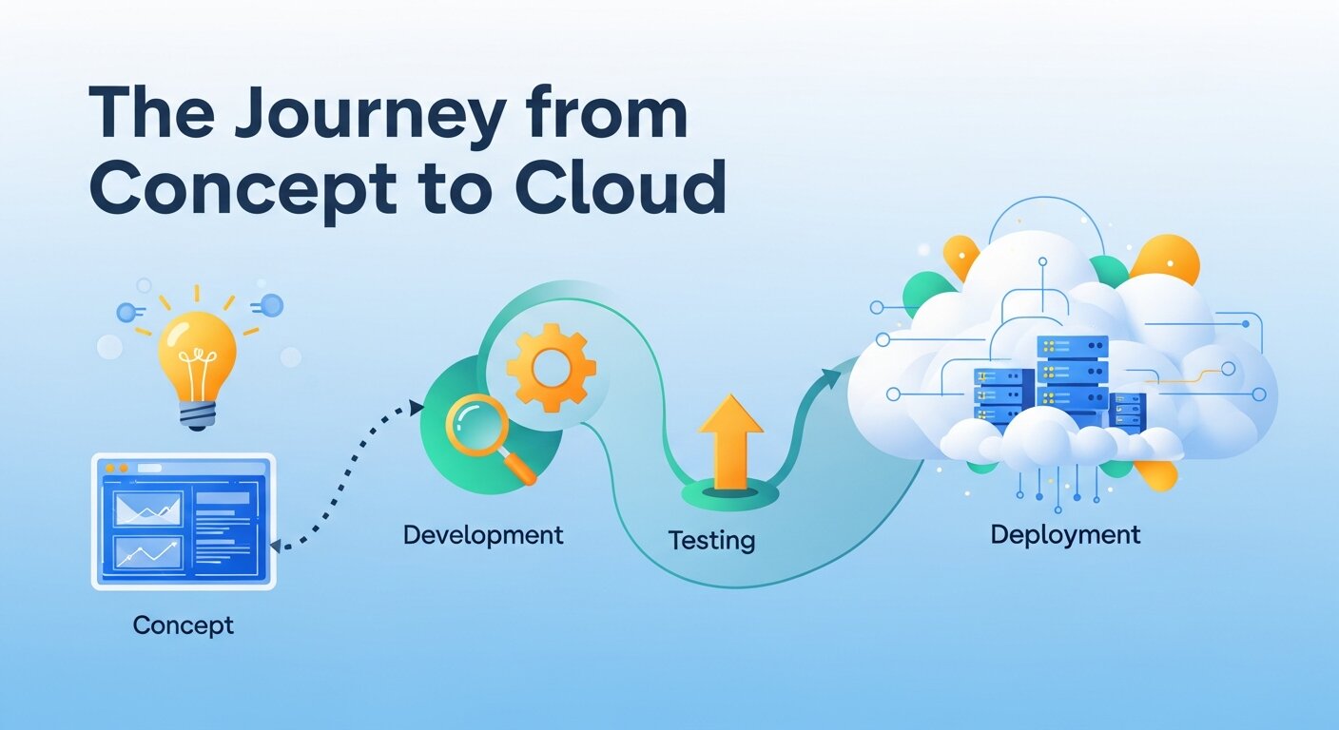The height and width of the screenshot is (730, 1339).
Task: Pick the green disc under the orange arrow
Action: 730,494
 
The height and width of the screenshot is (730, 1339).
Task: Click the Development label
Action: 483,534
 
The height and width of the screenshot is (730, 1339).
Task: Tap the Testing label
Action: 711,540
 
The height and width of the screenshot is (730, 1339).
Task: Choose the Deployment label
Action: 1065,534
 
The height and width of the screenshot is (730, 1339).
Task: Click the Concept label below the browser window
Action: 183,624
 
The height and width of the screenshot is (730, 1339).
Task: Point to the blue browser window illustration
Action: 183,522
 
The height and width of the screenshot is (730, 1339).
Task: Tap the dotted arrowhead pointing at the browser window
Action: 277,546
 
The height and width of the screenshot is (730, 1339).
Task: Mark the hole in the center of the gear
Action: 551,368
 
